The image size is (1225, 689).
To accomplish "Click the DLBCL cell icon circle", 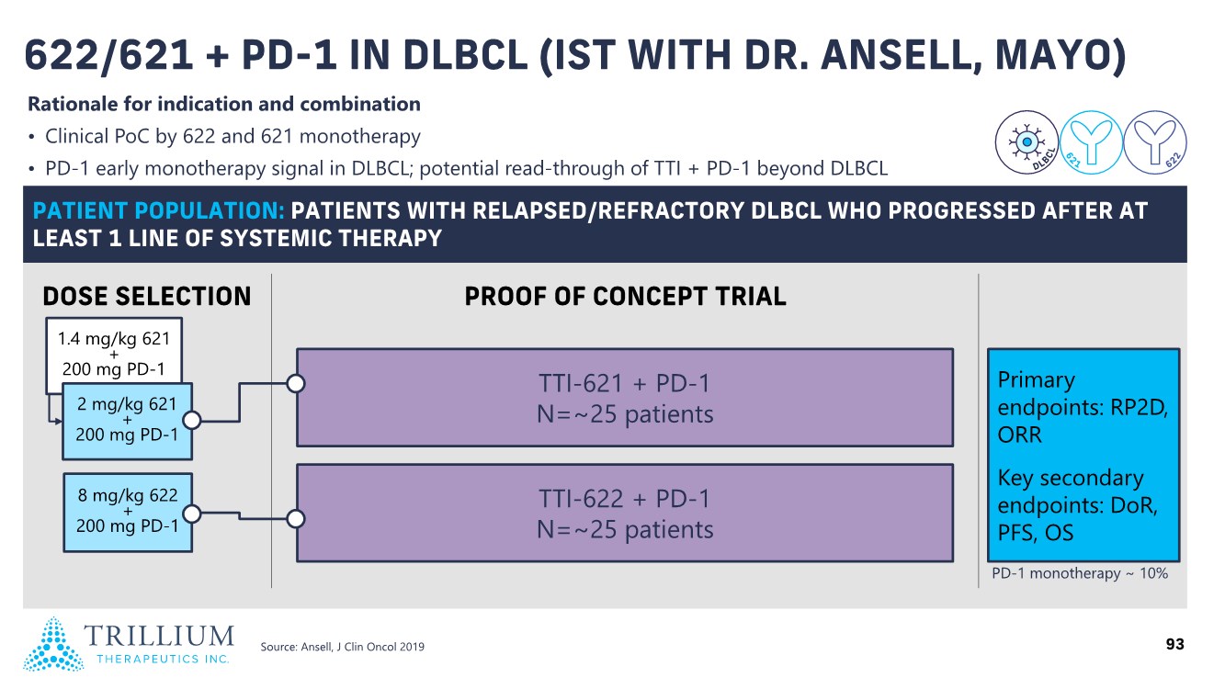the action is pyautogui.click(x=1027, y=142).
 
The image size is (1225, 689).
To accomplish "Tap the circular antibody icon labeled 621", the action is pyautogui.click(x=1091, y=142).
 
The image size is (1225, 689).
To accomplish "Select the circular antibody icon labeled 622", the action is pyautogui.click(x=1154, y=142).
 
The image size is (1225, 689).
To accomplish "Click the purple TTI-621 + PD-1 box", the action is pyautogui.click(x=625, y=398).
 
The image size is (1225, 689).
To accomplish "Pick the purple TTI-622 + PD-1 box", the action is pyautogui.click(x=625, y=513).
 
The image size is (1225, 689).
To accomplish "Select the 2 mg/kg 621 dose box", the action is pyautogui.click(x=128, y=421).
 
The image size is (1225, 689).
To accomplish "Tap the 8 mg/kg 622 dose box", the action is pyautogui.click(x=128, y=512).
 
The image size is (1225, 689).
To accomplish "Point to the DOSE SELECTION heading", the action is pyautogui.click(x=146, y=297).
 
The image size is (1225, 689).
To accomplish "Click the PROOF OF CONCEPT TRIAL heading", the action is pyautogui.click(x=625, y=297).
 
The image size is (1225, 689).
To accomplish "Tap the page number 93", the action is pyautogui.click(x=1174, y=644).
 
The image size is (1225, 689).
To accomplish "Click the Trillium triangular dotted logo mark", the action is pyautogui.click(x=53, y=644).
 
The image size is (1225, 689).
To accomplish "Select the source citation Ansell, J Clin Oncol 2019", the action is pyautogui.click(x=343, y=647).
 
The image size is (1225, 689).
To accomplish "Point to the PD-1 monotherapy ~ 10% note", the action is pyautogui.click(x=1080, y=573).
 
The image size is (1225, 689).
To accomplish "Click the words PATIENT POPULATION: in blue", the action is pyautogui.click(x=159, y=210).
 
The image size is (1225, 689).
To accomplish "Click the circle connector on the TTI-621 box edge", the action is pyautogui.click(x=296, y=384).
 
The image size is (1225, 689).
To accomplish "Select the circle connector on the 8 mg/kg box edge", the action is pyautogui.click(x=192, y=514).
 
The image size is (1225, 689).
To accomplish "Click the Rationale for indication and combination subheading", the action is pyautogui.click(x=224, y=104).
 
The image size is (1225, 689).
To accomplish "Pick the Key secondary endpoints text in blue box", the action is pyautogui.click(x=1077, y=504).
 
